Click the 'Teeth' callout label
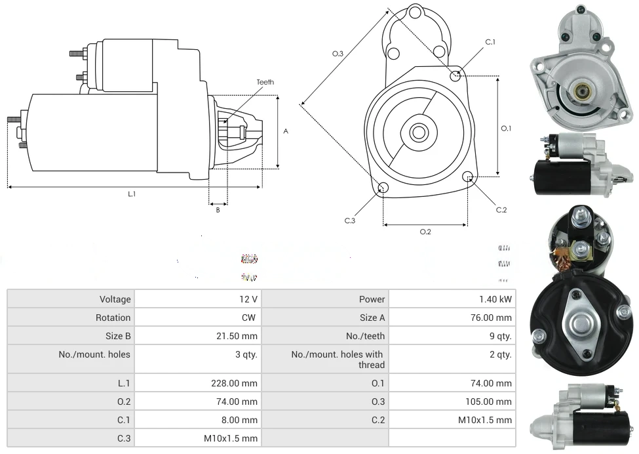coord(265,82)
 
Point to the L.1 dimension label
coord(132,194)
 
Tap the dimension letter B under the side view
coord(218,210)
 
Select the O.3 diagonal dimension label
coord(338,54)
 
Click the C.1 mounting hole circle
coord(455,75)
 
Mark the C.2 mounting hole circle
coord(468,176)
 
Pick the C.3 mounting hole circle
coord(383,189)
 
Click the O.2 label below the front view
coord(425,232)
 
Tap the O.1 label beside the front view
coord(506,129)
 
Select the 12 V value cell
coord(248,299)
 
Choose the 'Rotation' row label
coord(113,318)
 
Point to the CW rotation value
coord(250,318)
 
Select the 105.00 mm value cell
coord(488,402)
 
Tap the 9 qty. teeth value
coord(499,336)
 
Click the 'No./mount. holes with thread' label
coord(338,360)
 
